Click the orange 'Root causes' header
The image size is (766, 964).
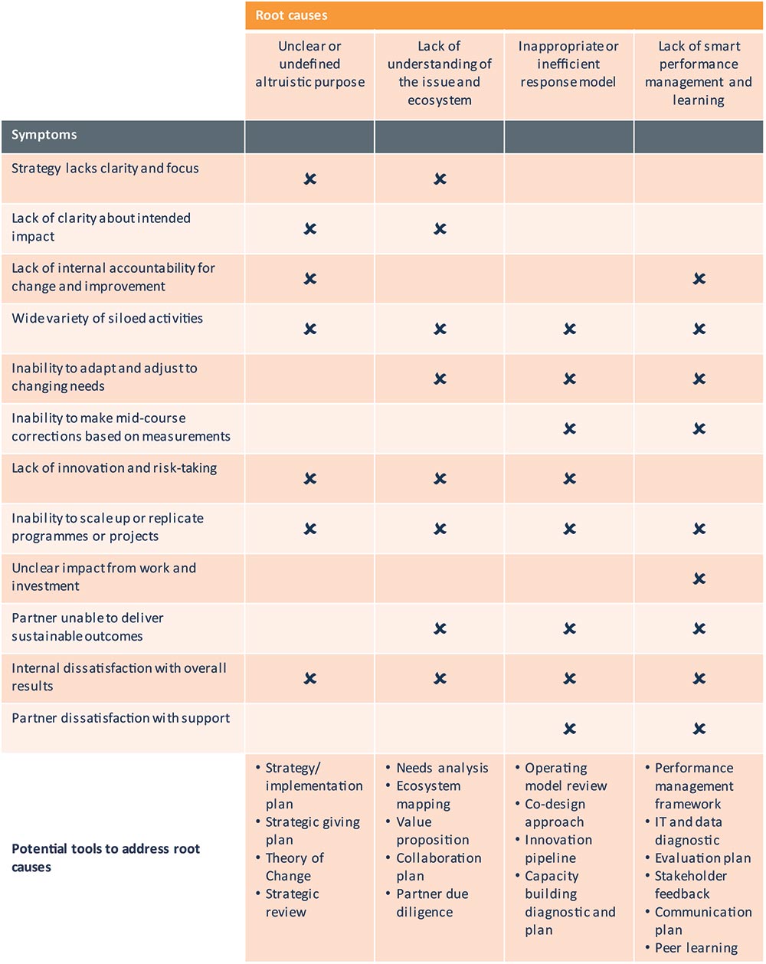click(291, 15)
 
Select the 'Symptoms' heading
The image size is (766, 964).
click(44, 136)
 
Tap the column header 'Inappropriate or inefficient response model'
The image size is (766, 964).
click(568, 64)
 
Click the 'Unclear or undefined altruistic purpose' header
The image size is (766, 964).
click(309, 64)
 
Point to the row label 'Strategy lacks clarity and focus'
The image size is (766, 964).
click(105, 169)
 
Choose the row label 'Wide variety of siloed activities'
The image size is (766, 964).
click(107, 318)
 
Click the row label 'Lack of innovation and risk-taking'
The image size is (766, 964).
click(114, 468)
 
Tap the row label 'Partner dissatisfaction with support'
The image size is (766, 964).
click(120, 718)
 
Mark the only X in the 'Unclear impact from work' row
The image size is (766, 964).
click(699, 579)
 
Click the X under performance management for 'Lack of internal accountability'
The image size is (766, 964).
click(699, 279)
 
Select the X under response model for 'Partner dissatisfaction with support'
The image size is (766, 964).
click(569, 729)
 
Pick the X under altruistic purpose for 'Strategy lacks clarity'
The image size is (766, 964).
click(309, 179)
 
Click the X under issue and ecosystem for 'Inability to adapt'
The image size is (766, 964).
click(440, 379)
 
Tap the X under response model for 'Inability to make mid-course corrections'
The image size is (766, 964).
click(569, 429)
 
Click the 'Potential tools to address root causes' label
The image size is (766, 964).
click(105, 858)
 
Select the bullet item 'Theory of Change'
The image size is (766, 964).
click(294, 867)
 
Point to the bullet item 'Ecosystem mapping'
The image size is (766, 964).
click(427, 795)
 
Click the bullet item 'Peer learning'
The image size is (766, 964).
click(696, 948)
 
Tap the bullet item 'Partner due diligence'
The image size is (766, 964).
click(431, 903)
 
